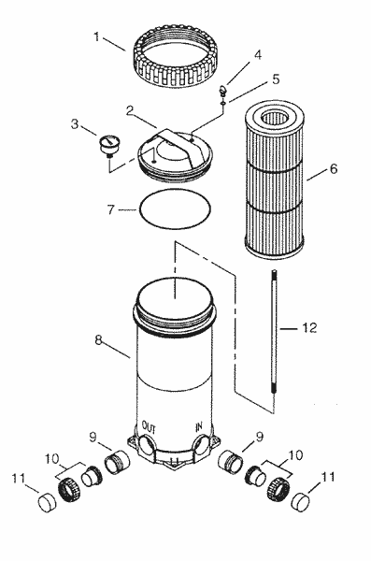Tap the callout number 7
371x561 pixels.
coord(110,210)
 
